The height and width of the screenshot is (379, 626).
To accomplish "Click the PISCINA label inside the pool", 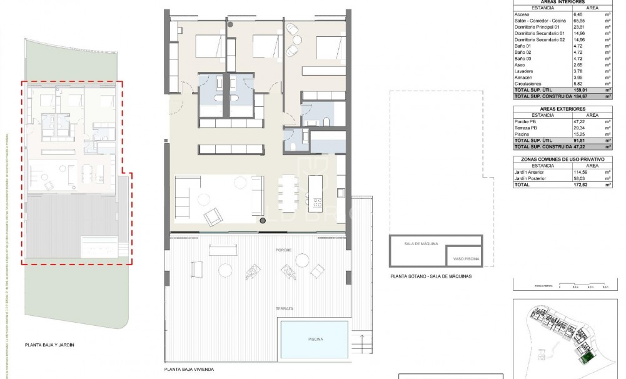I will click(x=315, y=339).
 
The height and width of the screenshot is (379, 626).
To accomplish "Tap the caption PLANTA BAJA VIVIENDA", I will click(x=189, y=370).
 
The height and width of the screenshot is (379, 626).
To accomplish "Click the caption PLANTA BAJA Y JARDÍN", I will click(x=54, y=345).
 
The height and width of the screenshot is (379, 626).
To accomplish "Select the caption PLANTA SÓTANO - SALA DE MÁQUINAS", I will click(x=431, y=276).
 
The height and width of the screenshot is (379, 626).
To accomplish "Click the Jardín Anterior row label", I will click(x=530, y=173).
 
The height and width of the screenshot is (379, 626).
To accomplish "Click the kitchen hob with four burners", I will click(x=317, y=203).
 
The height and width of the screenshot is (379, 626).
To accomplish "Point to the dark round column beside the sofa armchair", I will click(x=262, y=221).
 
